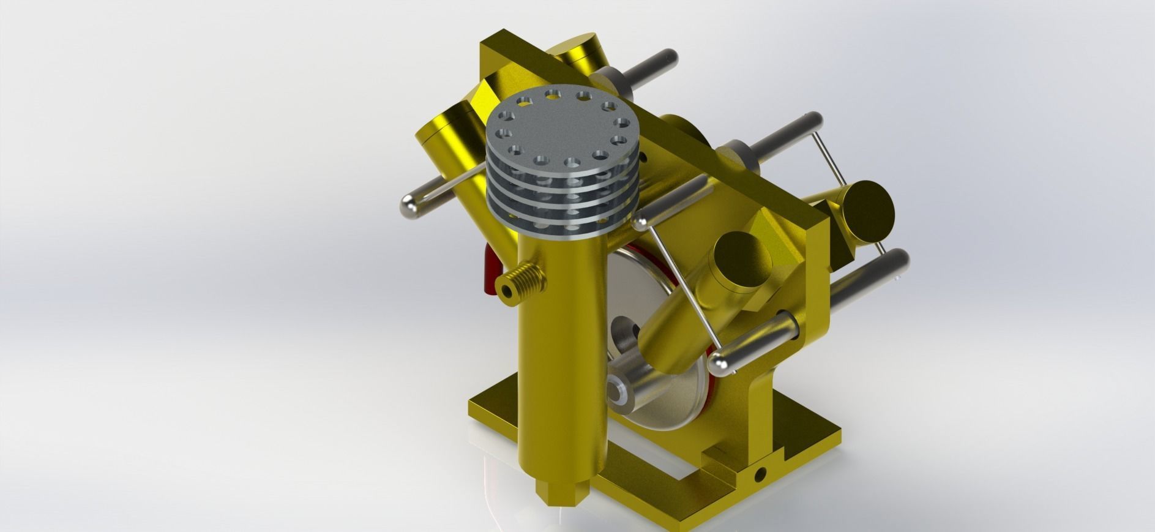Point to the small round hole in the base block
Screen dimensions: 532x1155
[761, 474]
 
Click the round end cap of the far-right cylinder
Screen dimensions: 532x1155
[867, 208]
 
